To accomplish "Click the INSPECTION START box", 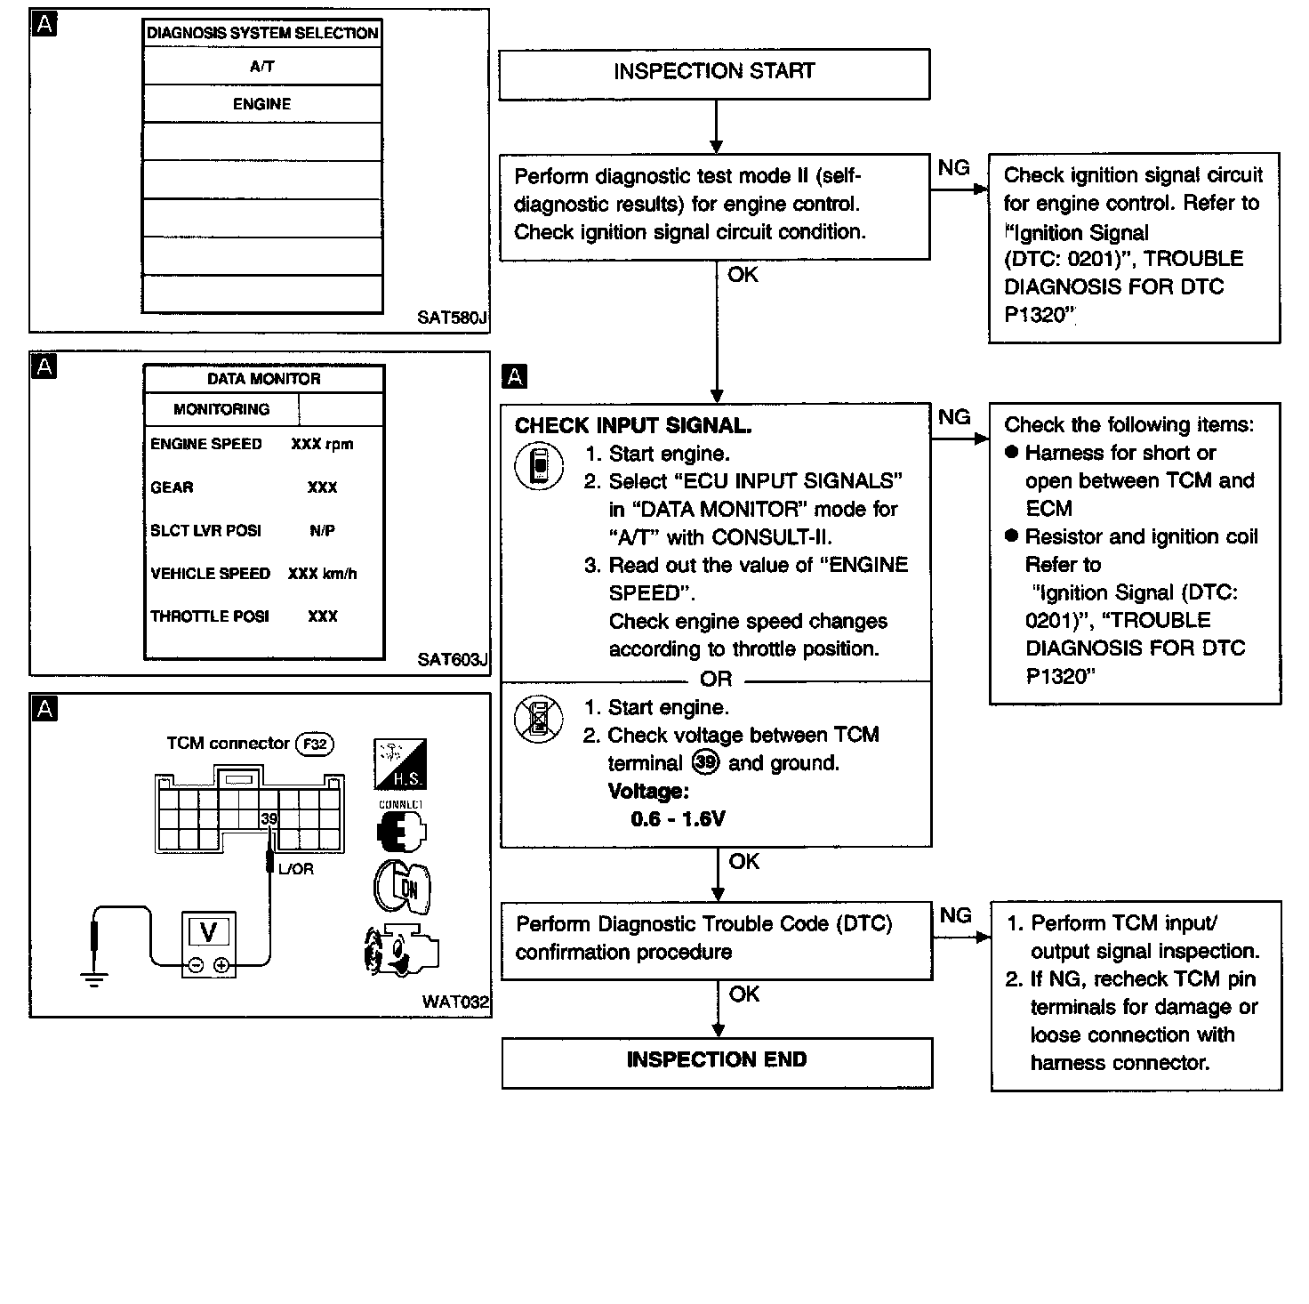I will [x=714, y=73].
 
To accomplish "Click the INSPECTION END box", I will [x=717, y=1061].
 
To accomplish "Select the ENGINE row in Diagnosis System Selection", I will [x=262, y=104].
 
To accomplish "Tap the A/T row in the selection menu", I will [x=262, y=66].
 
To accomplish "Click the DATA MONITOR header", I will [x=264, y=379].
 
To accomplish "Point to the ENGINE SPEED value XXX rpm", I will [x=322, y=444].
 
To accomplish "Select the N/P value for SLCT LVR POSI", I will [x=322, y=531].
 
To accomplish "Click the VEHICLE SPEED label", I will [x=210, y=574].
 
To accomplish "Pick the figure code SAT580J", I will [x=453, y=318].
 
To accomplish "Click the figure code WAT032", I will [x=455, y=1002].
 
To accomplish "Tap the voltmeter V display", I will [x=209, y=932].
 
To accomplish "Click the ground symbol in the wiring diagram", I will [x=93, y=979].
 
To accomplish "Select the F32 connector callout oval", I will [x=315, y=744].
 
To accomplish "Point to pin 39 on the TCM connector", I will [x=269, y=818].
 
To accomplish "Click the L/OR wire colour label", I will [x=296, y=869].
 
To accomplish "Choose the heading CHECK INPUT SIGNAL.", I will [x=633, y=426].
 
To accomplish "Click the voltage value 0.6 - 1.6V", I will [x=678, y=819].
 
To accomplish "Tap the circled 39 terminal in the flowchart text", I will [x=704, y=762].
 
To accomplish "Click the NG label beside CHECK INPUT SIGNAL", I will [x=954, y=416].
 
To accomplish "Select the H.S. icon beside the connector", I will [x=400, y=764].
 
